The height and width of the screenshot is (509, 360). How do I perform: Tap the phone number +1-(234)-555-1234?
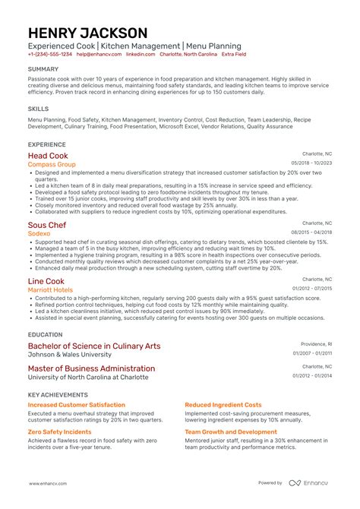(x=50, y=55)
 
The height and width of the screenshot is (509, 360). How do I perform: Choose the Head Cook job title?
(x=47, y=155)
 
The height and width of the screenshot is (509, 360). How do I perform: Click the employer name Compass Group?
(x=52, y=164)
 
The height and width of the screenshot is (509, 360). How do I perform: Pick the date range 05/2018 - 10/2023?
(x=312, y=163)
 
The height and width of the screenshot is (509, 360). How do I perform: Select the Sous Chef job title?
(x=47, y=225)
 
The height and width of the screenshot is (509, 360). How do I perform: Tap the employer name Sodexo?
(x=40, y=234)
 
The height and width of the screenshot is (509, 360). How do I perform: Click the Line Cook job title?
(x=46, y=281)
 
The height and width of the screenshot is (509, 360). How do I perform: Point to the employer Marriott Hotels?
(x=51, y=289)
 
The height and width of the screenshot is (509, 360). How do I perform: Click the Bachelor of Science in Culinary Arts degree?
(x=94, y=346)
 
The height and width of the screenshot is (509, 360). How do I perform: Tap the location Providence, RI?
(x=317, y=343)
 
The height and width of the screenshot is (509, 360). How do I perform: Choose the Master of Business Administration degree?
(x=91, y=368)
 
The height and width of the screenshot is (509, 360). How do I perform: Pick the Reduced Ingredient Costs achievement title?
(x=223, y=405)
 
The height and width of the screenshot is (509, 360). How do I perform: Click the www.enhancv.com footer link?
(x=50, y=483)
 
